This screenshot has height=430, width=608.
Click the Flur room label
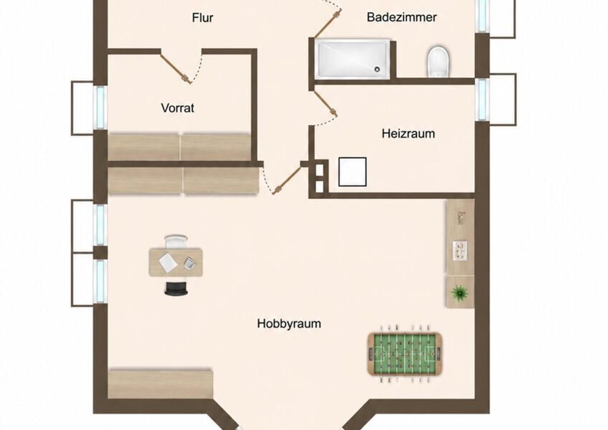click(203, 18)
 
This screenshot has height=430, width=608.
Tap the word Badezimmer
click(402, 17)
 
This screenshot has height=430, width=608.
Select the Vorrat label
click(177, 108)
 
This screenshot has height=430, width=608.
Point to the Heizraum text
click(408, 134)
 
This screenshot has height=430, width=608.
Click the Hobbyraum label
click(289, 324)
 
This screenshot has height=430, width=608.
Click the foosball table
click(405, 353)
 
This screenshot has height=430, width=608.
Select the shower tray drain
click(377, 69)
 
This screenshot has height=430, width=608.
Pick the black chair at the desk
click(176, 289)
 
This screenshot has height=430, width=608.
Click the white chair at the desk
click(176, 241)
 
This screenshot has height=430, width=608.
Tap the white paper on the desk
click(169, 263)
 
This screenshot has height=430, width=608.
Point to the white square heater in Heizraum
click(352, 172)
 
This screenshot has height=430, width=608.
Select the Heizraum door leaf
click(325, 103)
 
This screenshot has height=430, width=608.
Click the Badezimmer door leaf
click(328, 24)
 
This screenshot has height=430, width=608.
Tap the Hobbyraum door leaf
click(287, 180)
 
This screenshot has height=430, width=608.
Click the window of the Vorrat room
click(100, 107)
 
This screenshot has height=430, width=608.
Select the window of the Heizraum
click(482, 99)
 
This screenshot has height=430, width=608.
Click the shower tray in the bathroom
click(353, 59)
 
